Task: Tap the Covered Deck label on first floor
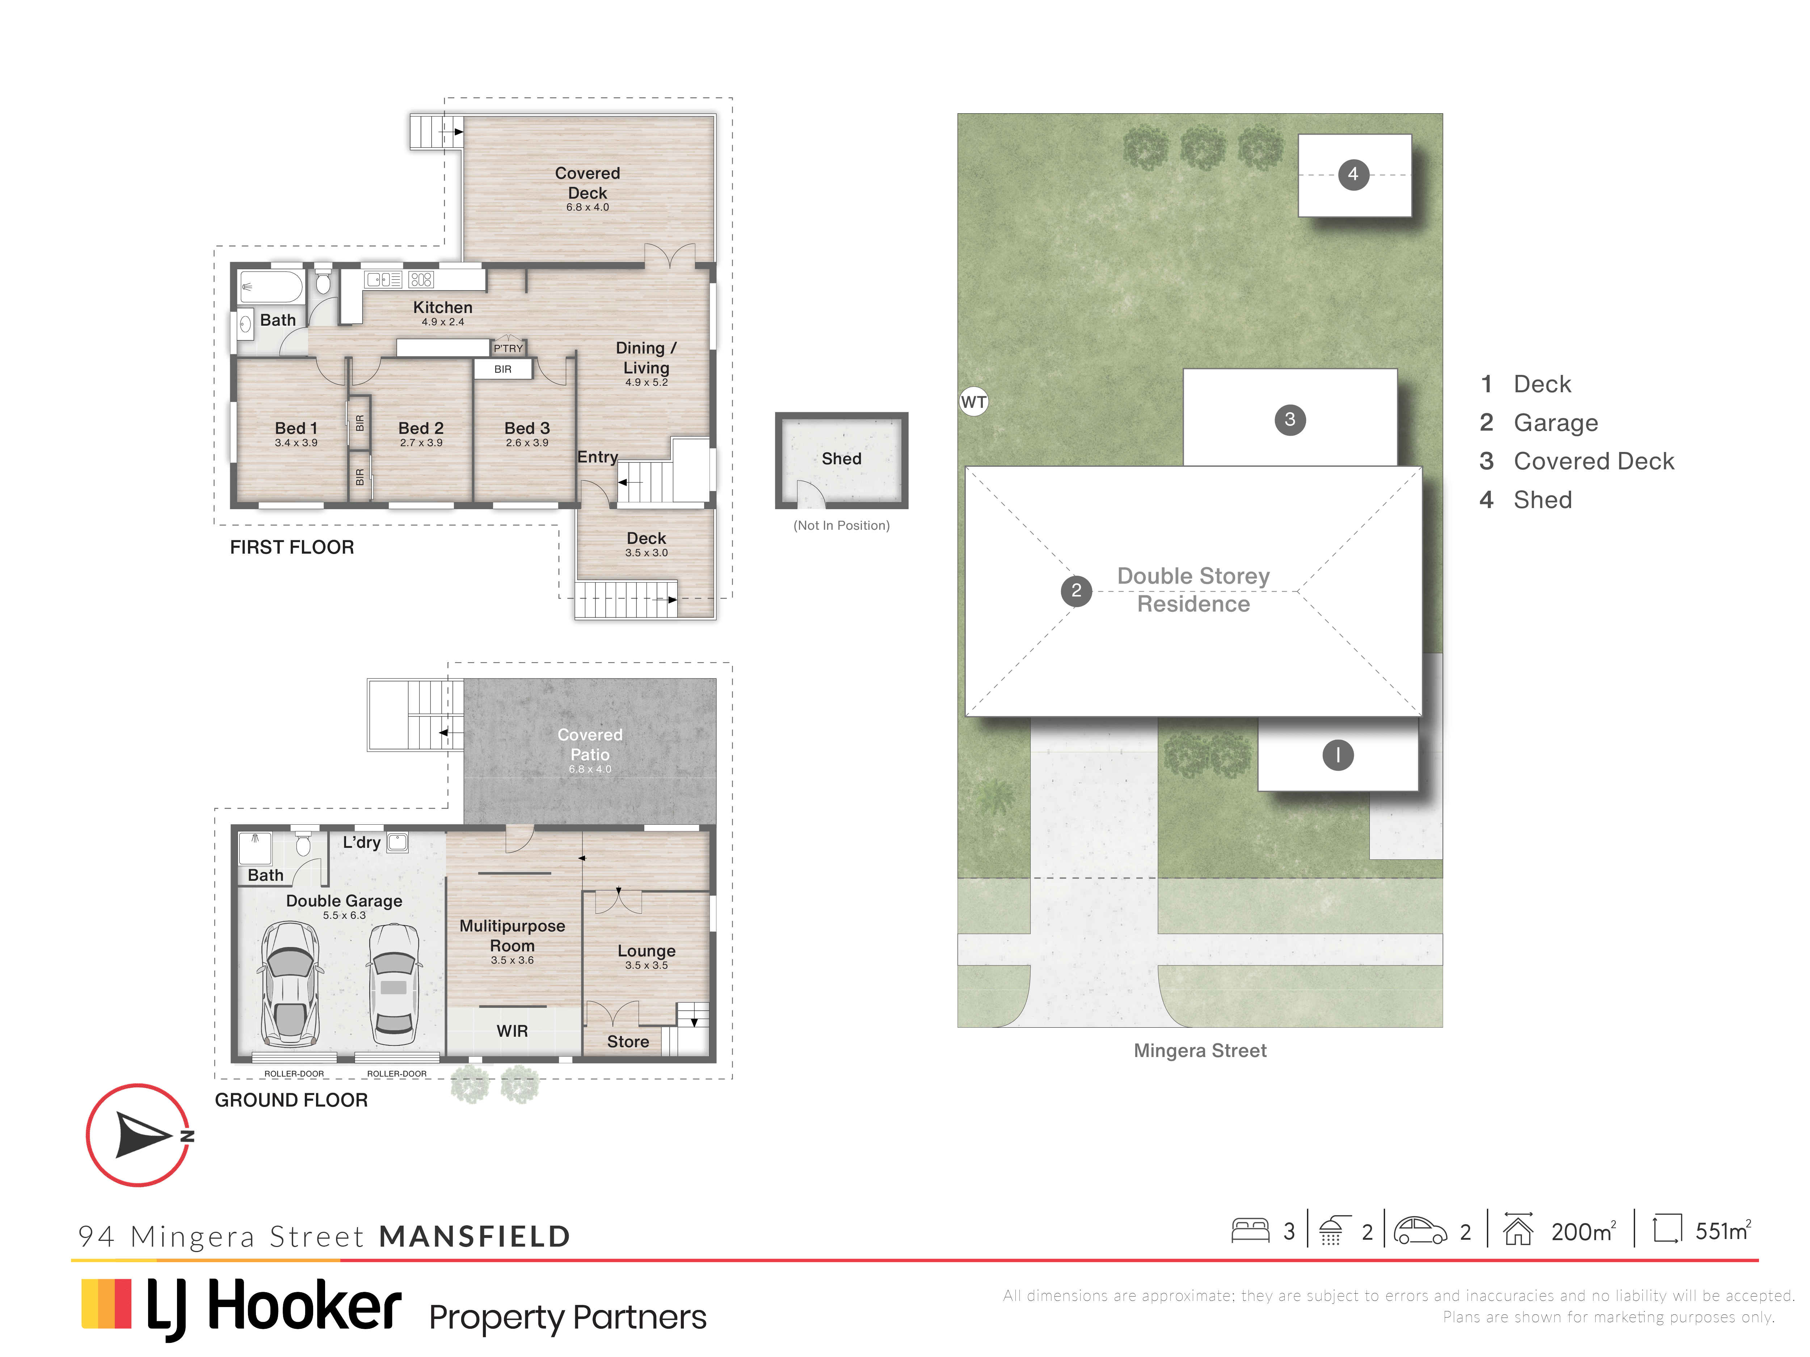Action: click(588, 183)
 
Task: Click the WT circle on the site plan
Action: click(974, 402)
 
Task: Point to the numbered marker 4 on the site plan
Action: click(1354, 174)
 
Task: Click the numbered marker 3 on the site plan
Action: click(1291, 420)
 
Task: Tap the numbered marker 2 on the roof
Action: click(1076, 590)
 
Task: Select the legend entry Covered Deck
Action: click(1593, 461)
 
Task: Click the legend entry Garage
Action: click(1556, 423)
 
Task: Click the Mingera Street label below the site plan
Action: click(1200, 1051)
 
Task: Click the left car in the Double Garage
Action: click(290, 984)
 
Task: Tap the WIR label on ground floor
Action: click(512, 1031)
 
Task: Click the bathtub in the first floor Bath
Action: click(271, 287)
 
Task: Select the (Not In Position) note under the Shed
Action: click(841, 526)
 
